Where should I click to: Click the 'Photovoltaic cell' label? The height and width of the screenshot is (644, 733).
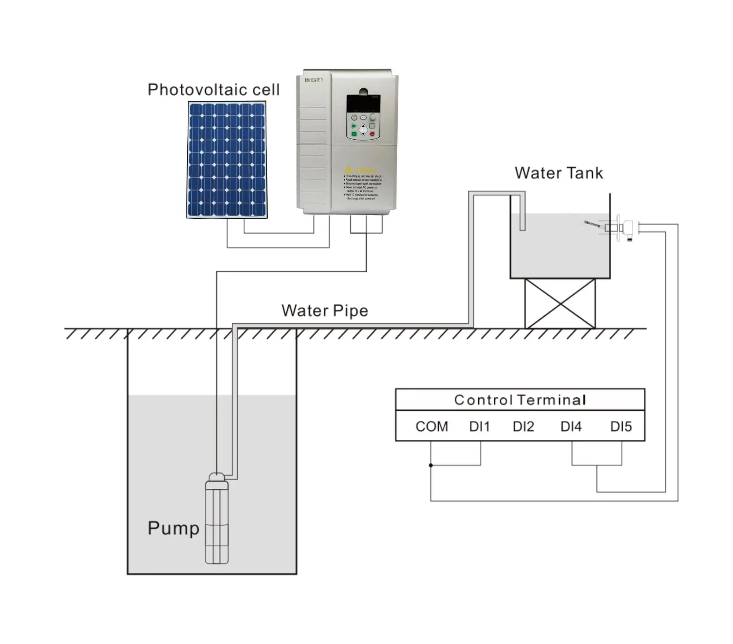point(213,90)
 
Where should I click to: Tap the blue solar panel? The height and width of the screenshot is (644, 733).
point(227,160)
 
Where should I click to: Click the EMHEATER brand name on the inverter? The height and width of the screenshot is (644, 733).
point(314,80)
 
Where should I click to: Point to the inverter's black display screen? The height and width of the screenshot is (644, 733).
point(363,103)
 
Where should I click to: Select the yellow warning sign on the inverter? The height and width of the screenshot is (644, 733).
point(348,170)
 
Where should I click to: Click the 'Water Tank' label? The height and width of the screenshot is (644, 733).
point(559,173)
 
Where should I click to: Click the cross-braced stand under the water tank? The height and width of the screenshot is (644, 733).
point(560,303)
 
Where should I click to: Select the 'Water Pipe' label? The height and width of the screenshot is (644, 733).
point(325,311)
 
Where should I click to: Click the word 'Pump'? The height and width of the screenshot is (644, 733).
point(173,528)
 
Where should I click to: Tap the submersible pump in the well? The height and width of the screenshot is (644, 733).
point(217,520)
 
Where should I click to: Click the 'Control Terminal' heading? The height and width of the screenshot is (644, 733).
point(520,400)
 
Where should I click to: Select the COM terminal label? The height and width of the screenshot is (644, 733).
point(431,426)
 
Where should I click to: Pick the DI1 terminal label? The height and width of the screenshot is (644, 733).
point(479,426)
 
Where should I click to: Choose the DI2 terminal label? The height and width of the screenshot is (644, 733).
point(523,426)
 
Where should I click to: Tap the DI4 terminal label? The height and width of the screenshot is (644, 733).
point(571,426)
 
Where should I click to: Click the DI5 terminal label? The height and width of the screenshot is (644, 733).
point(621,426)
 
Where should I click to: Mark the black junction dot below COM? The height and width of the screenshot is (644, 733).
point(431,465)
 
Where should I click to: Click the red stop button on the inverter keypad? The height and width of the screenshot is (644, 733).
point(372,134)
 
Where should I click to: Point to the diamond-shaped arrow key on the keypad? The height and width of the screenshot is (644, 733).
point(363,129)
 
